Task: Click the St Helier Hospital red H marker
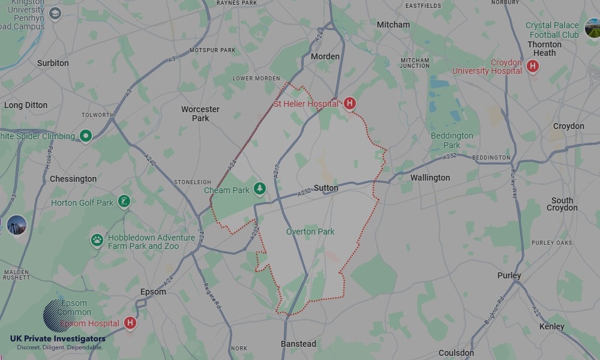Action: click(x=349, y=103)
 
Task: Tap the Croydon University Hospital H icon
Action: click(x=532, y=66)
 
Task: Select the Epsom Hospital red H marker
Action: click(x=130, y=323)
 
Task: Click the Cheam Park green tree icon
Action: click(x=259, y=189)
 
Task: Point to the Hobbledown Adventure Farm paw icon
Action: click(x=97, y=241)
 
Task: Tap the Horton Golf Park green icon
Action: click(x=124, y=201)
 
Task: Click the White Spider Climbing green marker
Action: click(x=86, y=136)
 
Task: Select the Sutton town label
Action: click(x=326, y=188)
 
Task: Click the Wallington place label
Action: click(x=430, y=178)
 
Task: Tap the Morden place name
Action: click(x=325, y=56)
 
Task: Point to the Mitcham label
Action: click(x=393, y=25)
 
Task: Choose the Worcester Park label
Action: click(x=200, y=113)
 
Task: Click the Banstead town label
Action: click(x=298, y=344)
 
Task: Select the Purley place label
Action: click(x=509, y=275)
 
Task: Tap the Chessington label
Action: click(x=73, y=179)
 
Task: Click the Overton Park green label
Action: click(x=310, y=232)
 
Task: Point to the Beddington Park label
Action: click(x=452, y=140)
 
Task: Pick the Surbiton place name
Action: click(x=53, y=63)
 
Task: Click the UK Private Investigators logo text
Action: click(x=58, y=339)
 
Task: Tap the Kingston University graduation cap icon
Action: click(x=55, y=13)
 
